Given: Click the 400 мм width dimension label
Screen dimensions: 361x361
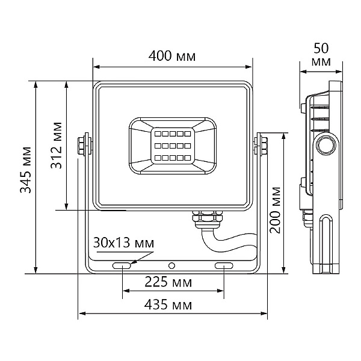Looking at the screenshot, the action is pyautogui.click(x=171, y=56).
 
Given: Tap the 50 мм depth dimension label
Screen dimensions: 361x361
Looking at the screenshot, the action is pyautogui.click(x=321, y=55).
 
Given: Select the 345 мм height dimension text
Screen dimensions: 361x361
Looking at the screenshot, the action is pyautogui.click(x=25, y=170).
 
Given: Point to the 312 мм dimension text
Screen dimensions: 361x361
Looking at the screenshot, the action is pyautogui.click(x=57, y=145).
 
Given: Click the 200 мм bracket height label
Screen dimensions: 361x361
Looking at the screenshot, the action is pyautogui.click(x=276, y=210).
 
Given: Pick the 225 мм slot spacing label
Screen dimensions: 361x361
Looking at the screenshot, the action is pyautogui.click(x=168, y=282).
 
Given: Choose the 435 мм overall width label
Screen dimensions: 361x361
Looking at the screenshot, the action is pyautogui.click(x=168, y=304).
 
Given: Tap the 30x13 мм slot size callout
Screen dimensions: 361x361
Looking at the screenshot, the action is pyautogui.click(x=123, y=242).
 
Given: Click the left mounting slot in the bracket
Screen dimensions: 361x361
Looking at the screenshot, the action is pyautogui.click(x=122, y=266).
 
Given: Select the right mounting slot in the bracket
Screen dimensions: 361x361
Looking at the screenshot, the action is pyautogui.click(x=224, y=266).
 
